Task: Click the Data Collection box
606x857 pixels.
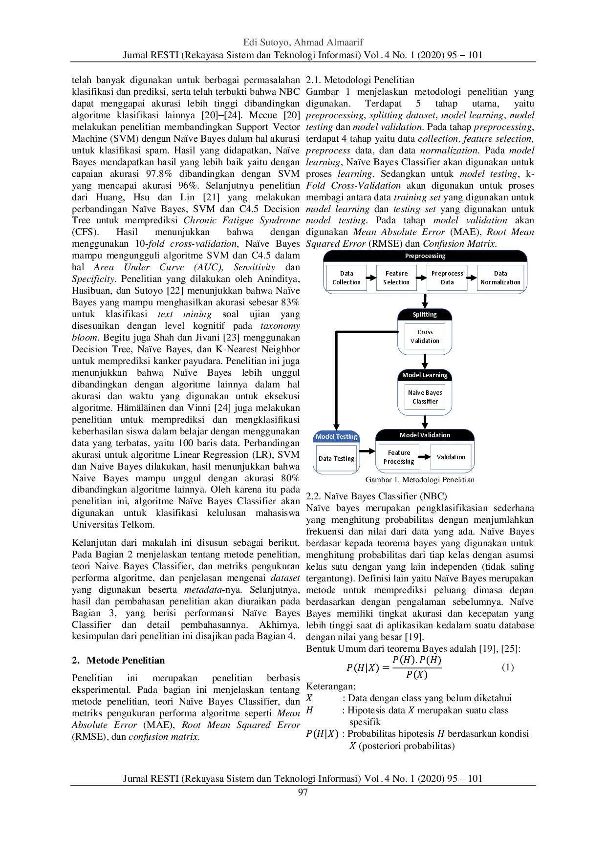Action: pos(346,278)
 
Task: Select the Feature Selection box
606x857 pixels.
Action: pos(396,278)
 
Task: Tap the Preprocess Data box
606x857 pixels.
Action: pos(447,278)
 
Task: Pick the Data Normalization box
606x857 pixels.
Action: pos(500,278)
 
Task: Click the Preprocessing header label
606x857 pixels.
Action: pos(425,256)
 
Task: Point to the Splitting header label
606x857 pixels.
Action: pos(425,315)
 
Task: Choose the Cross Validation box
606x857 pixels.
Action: pos(425,337)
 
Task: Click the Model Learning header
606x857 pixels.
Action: pos(425,375)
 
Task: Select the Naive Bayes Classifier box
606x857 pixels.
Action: pos(425,397)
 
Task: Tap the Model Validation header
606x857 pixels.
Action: pos(425,435)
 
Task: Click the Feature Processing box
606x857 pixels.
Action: pos(399,457)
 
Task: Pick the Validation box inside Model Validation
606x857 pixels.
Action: pos(451,457)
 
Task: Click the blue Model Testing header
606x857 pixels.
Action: pos(336,437)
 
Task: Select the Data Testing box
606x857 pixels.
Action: pos(336,459)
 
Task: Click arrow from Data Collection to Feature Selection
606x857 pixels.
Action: pos(371,278)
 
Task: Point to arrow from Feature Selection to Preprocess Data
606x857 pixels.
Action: pos(422,278)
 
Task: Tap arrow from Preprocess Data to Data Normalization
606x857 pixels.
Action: pos(472,278)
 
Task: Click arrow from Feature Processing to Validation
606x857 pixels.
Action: pos(425,457)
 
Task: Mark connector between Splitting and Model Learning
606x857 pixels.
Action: pos(425,362)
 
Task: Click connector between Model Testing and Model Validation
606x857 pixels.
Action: pos(368,451)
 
